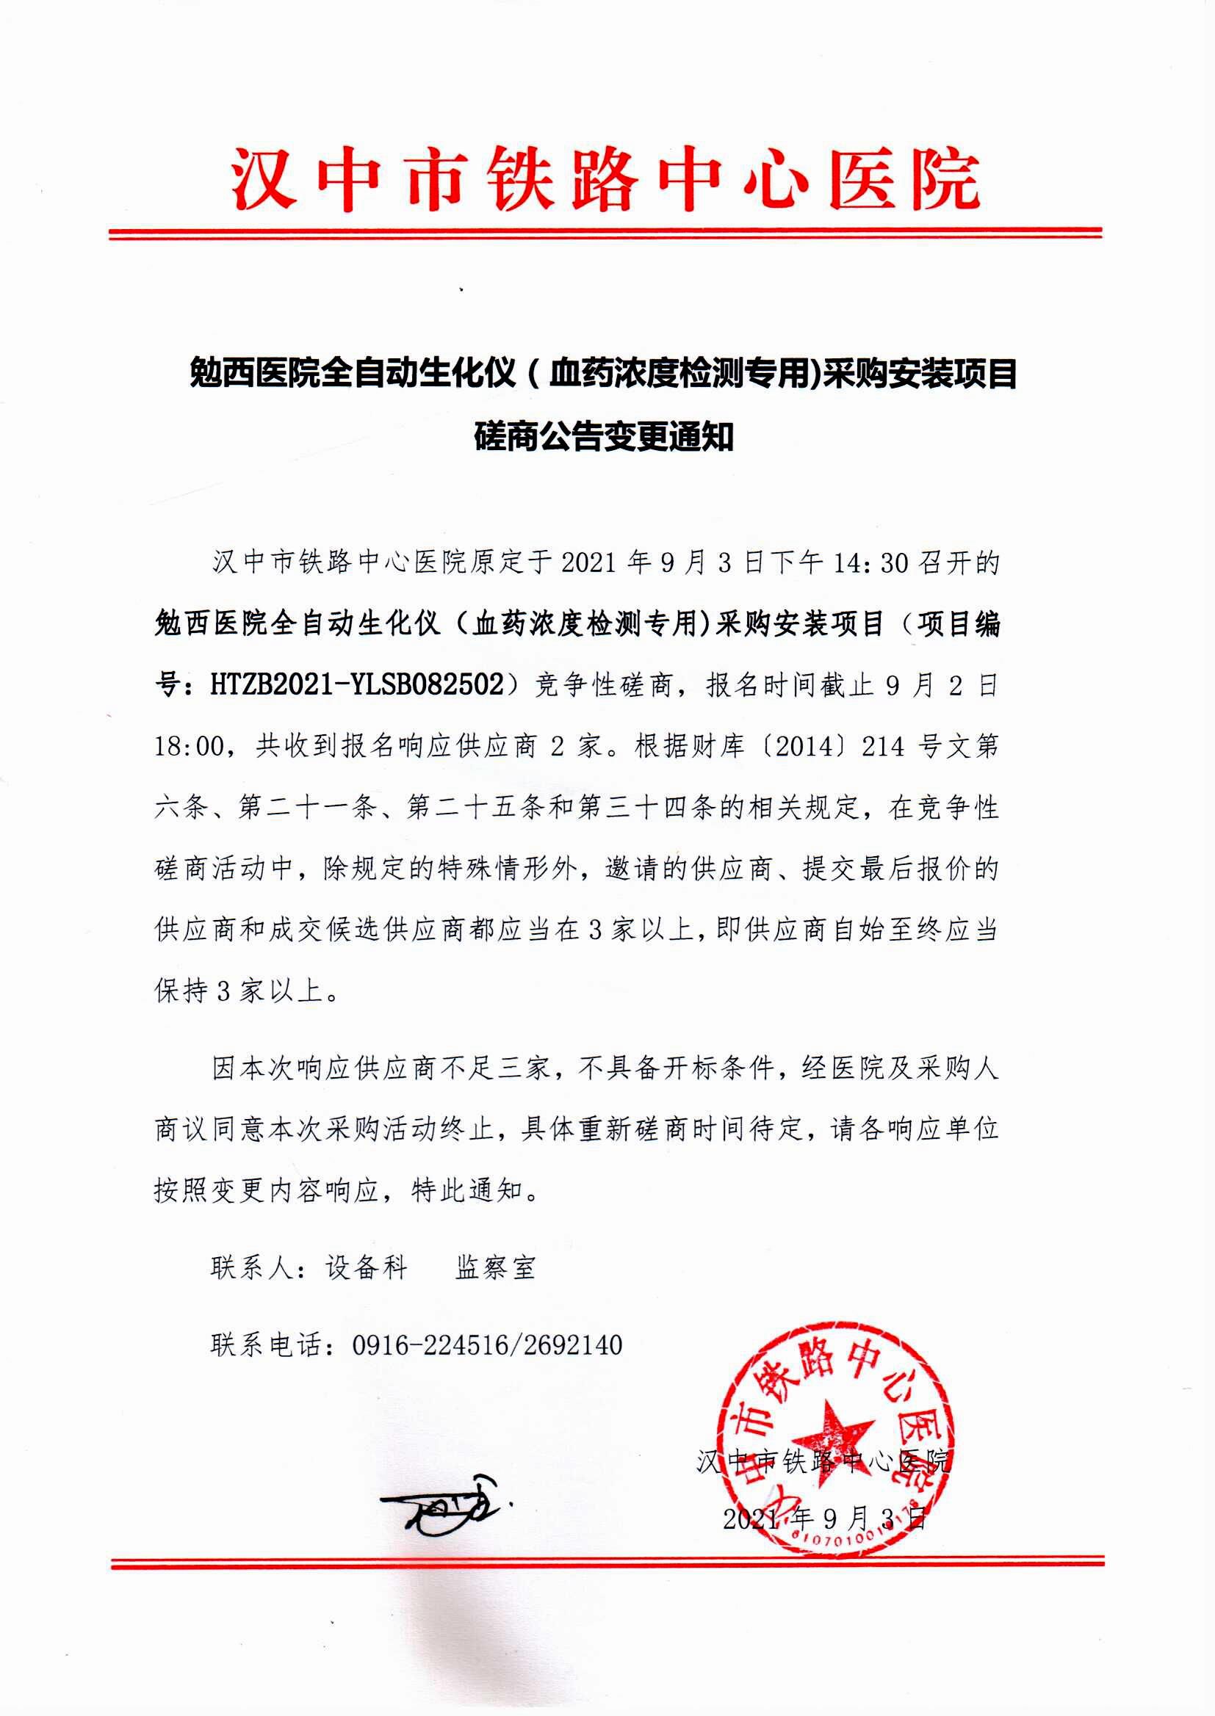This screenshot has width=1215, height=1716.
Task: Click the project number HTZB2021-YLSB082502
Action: click(358, 684)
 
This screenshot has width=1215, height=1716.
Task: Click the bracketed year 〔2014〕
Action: click(801, 746)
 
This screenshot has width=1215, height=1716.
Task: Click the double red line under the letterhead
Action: click(606, 234)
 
